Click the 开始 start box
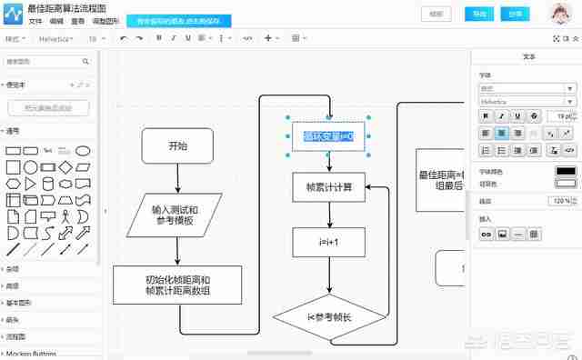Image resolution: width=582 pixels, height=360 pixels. click(177, 145)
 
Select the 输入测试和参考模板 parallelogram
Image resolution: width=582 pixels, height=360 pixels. click(175, 215)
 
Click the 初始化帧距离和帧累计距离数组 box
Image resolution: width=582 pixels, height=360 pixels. click(177, 285)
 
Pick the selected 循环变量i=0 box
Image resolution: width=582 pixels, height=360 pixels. click(328, 136)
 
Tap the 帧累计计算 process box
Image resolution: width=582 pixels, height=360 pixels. click(328, 188)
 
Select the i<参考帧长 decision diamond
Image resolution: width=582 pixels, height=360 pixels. click(329, 317)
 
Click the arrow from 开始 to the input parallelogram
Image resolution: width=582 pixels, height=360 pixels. click(177, 179)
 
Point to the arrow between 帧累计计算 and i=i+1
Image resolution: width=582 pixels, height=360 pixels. click(329, 215)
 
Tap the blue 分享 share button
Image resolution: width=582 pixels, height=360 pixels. click(516, 14)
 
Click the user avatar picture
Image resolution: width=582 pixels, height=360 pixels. click(562, 13)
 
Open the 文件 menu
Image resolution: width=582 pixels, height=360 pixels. click(35, 20)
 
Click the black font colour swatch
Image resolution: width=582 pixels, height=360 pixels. click(566, 171)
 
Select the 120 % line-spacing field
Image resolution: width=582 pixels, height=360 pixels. click(558, 201)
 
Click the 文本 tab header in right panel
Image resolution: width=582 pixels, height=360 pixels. click(529, 56)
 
